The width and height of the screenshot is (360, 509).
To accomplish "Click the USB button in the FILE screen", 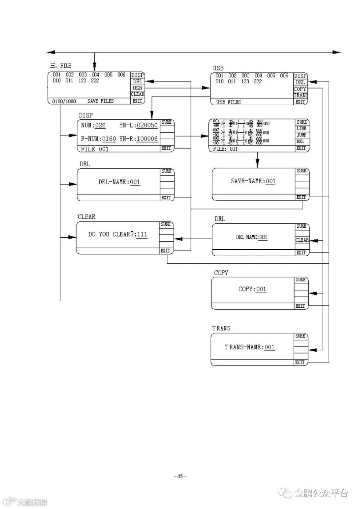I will (137, 88).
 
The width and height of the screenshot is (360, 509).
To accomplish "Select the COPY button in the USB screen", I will (300, 89).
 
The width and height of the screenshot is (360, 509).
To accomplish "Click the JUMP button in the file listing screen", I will (301, 135).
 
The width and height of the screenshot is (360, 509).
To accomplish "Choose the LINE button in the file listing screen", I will (301, 129).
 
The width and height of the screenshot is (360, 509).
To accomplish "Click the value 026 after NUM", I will (100, 126).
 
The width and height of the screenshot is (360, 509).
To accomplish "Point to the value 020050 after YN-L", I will (147, 126).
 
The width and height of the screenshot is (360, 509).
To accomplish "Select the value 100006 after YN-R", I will (147, 139).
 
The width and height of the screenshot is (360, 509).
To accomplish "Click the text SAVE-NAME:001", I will (253, 181).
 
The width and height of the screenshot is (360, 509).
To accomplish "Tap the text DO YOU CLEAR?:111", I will (118, 234).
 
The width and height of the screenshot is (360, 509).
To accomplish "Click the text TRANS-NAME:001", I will (250, 347).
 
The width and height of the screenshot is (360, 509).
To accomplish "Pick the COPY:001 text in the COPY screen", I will (252, 289).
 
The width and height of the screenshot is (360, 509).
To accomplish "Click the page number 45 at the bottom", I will (180, 476).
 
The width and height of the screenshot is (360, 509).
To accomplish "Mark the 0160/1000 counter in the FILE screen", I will (64, 102).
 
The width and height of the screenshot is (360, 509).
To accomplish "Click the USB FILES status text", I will (228, 102).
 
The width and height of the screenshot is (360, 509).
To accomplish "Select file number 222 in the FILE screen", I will (95, 81).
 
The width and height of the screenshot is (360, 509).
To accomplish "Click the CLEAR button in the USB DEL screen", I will (302, 240).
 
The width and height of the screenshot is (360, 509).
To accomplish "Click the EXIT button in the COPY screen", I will (300, 306).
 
